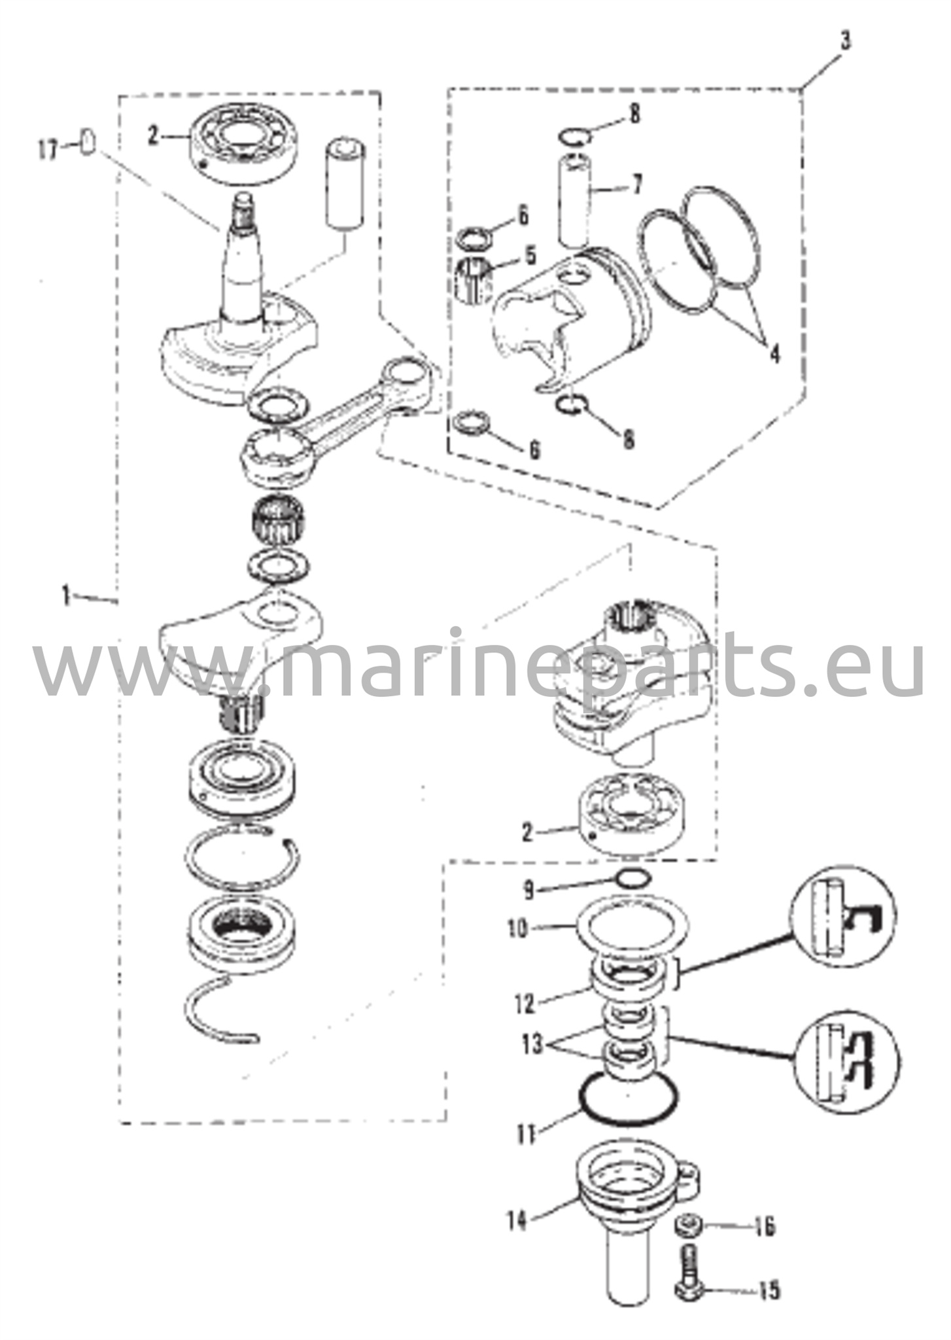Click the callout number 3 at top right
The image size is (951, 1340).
[846, 42]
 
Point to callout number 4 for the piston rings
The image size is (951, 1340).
[774, 354]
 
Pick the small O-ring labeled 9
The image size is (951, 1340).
[632, 878]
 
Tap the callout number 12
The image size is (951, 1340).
[525, 1003]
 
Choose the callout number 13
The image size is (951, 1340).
[533, 1045]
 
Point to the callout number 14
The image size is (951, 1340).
[517, 1220]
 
